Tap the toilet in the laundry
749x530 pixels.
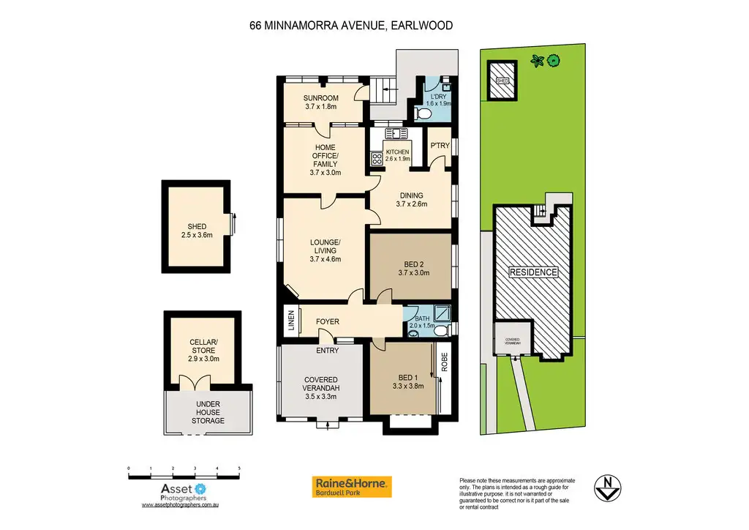pyautogui.click(x=422, y=113)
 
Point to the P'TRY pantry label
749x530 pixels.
pyautogui.click(x=440, y=146)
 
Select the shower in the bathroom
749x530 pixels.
pyautogui.click(x=442, y=314)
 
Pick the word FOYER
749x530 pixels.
pyautogui.click(x=327, y=321)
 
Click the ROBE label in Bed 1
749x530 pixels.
pyautogui.click(x=443, y=364)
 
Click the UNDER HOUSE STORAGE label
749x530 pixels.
pyautogui.click(x=208, y=412)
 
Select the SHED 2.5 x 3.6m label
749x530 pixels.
pyautogui.click(x=196, y=231)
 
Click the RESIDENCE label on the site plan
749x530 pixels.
pyautogui.click(x=534, y=272)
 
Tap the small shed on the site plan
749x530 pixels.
pyautogui.click(x=503, y=82)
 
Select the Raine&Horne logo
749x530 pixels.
pyautogui.click(x=353, y=486)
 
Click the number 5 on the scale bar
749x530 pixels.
pyautogui.click(x=239, y=468)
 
